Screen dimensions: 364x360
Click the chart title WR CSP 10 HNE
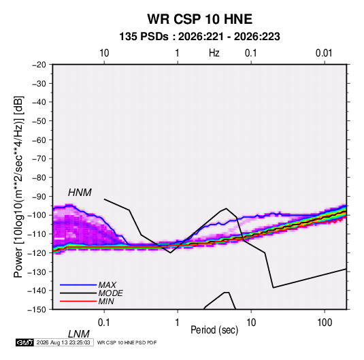coord(199,19)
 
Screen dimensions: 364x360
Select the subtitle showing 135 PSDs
coord(199,37)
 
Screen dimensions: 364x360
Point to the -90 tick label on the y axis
coord(39,196)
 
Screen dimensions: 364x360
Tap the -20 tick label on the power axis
coord(39,65)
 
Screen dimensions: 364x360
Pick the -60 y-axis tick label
coord(39,140)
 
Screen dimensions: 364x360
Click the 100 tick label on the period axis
coord(324,323)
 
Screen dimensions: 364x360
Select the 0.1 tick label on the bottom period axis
coord(103,323)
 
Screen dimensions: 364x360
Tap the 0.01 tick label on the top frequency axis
coord(324,53)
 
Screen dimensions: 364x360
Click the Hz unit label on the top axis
coord(214,53)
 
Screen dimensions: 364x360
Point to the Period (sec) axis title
coord(214,330)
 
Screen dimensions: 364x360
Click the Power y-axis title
coord(18,186)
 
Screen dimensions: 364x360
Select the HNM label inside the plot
coord(80,193)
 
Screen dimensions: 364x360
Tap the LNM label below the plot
coord(79,334)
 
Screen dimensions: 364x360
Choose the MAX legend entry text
coord(107,285)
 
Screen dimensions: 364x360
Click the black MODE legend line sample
coord(78,293)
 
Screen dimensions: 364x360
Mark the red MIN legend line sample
coord(78,301)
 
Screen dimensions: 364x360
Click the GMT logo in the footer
coord(24,342)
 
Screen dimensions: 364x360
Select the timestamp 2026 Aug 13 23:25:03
coord(63,342)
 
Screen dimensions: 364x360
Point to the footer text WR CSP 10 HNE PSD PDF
coord(127,342)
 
